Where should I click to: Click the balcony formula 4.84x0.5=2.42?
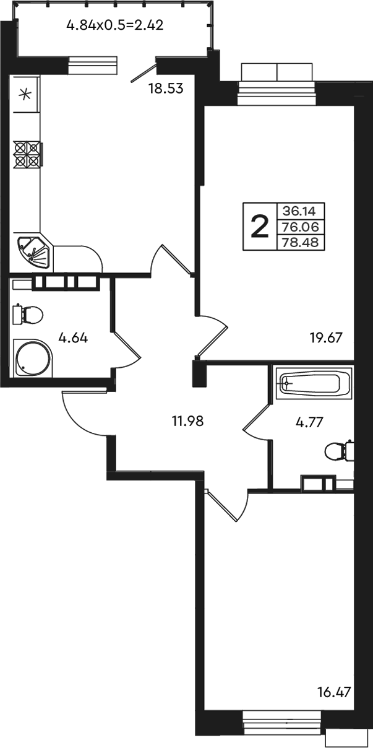(x=115, y=25)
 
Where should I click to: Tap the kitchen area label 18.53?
(x=166, y=89)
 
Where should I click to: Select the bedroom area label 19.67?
(x=326, y=338)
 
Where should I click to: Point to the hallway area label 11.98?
(x=187, y=421)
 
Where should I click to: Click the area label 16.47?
(x=334, y=692)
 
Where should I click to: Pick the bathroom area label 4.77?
(x=309, y=422)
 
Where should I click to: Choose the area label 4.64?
(x=73, y=338)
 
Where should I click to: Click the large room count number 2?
(x=260, y=227)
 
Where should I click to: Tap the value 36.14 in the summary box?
(x=299, y=211)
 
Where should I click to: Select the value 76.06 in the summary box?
(x=301, y=227)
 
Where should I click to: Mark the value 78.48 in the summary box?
(x=301, y=242)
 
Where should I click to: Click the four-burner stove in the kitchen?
(x=27, y=155)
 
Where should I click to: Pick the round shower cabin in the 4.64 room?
(x=33, y=359)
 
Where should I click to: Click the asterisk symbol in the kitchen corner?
(x=24, y=95)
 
